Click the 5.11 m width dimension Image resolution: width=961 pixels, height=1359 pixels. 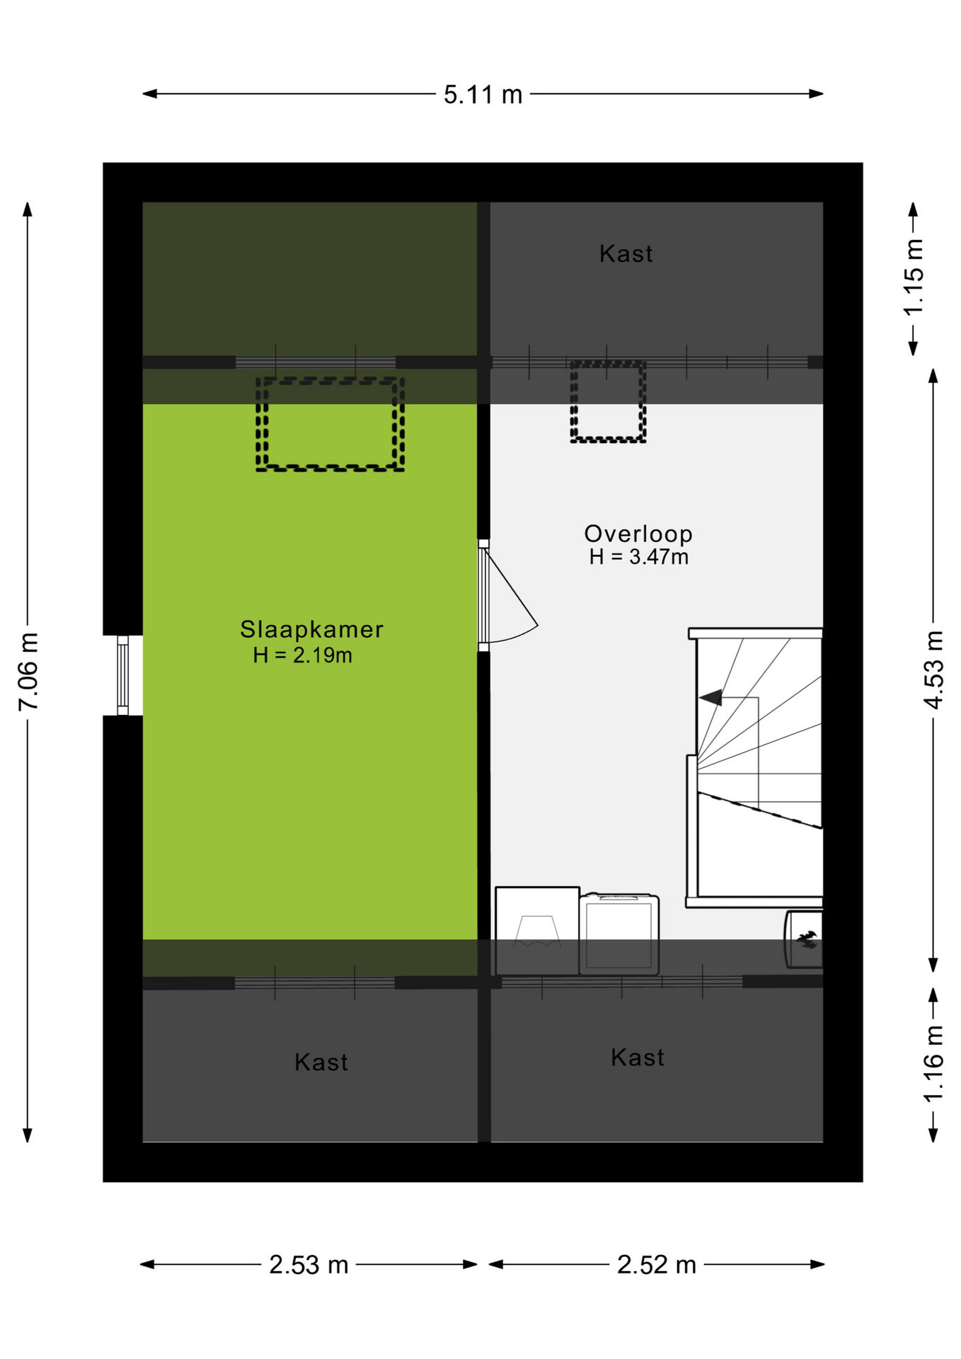tap(483, 94)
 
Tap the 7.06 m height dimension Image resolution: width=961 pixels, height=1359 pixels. tap(28, 672)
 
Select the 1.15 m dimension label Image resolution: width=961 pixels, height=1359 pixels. tap(914, 277)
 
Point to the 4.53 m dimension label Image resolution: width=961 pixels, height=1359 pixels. tap(934, 669)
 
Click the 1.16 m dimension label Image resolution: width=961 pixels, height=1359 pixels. tap(934, 1063)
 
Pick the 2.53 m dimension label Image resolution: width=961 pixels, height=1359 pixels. tap(309, 1265)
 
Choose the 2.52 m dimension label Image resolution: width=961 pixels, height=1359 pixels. tap(657, 1265)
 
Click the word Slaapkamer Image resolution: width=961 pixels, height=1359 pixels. tap(311, 629)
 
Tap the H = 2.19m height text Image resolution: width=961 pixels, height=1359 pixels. tap(303, 655)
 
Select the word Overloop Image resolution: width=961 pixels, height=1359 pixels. tap(638, 534)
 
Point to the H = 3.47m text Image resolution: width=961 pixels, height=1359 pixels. tap(639, 557)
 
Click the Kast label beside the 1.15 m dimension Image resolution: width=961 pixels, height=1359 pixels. tap(626, 253)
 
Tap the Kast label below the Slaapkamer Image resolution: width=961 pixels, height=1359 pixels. tap(321, 1062)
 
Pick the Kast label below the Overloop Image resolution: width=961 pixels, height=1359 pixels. tap(638, 1057)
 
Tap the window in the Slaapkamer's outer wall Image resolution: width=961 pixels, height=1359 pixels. tap(122, 675)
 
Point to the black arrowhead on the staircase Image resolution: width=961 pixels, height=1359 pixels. tap(711, 698)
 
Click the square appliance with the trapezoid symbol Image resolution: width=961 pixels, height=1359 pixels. tap(537, 931)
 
